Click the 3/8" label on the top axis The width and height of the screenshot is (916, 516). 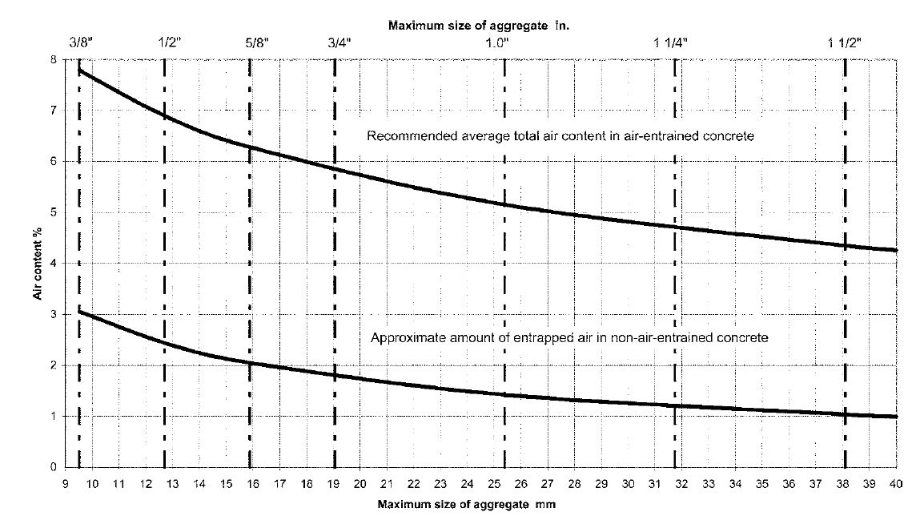tap(81, 42)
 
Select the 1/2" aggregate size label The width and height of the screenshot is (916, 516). tap(170, 42)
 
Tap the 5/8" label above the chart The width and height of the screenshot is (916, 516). tap(257, 42)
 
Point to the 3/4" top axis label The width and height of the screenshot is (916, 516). tap(340, 42)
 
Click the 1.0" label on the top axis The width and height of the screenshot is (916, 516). tap(498, 42)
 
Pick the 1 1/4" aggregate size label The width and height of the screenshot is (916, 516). tap(671, 42)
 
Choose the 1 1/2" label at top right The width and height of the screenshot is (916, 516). tap(845, 42)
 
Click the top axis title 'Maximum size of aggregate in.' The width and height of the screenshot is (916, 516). tap(479, 25)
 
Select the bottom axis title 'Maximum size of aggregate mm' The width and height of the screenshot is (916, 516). tap(466, 504)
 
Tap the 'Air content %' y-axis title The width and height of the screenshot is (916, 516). tap(38, 264)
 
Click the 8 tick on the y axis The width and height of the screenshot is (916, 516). tap(54, 59)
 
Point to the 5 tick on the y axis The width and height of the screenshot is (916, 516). tap(54, 212)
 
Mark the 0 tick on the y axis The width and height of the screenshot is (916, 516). tap(54, 467)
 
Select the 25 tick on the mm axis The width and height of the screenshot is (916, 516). tap(494, 484)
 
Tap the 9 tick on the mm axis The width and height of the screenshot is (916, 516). tap(66, 484)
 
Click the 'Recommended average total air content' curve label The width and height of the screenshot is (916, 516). tap(560, 136)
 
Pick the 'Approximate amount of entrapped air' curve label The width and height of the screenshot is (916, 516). tap(569, 338)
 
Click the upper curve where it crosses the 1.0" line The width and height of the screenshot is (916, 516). tap(504, 204)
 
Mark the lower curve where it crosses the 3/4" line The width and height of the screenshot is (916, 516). tap(335, 375)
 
